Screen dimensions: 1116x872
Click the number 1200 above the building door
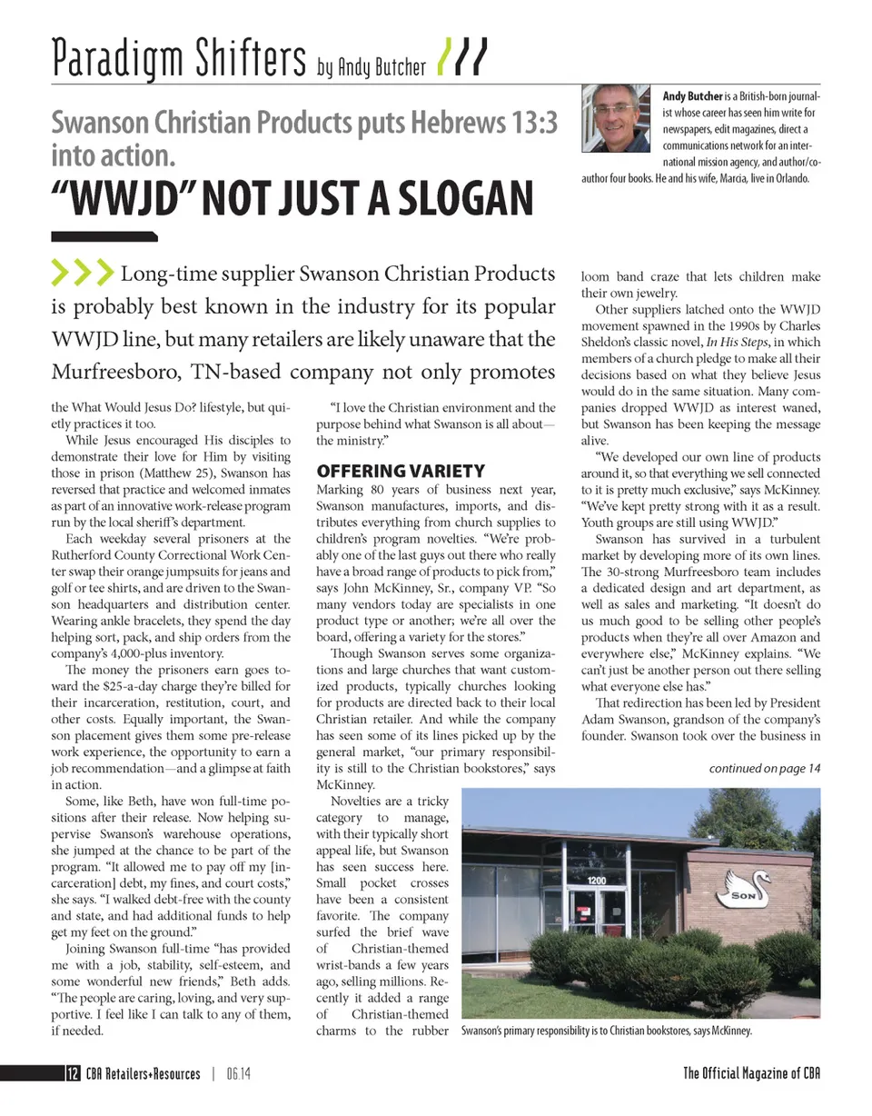(596, 881)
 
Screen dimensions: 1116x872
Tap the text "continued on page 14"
(765, 768)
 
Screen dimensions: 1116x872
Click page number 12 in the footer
(71, 1073)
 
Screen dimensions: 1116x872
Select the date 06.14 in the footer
(239, 1073)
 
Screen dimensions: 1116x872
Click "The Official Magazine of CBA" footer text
(752, 1073)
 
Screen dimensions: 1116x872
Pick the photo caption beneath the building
(607, 1031)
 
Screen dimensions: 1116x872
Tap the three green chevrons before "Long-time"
(83, 272)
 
